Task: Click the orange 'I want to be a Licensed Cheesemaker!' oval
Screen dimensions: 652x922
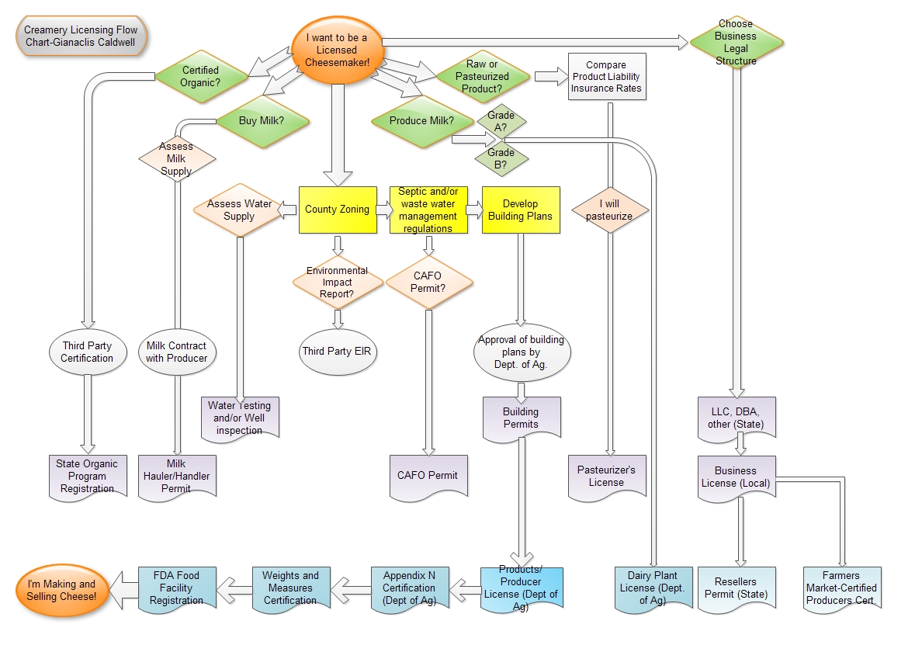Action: pyautogui.click(x=336, y=50)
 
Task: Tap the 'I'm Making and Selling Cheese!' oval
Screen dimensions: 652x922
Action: pyautogui.click(x=61, y=590)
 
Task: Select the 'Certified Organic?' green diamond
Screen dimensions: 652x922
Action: pyautogui.click(x=200, y=76)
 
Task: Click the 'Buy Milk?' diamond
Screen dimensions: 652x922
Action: pyautogui.click(x=261, y=121)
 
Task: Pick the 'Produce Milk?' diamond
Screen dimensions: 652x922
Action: pyautogui.click(x=421, y=121)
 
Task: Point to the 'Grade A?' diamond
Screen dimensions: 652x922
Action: pyautogui.click(x=501, y=121)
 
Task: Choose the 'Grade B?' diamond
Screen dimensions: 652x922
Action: pyautogui.click(x=501, y=158)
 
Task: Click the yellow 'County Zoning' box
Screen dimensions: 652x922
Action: pyautogui.click(x=337, y=210)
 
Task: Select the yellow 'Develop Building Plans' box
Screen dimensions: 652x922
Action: pyautogui.click(x=521, y=210)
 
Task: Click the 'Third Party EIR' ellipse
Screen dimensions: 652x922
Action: pyautogui.click(x=337, y=352)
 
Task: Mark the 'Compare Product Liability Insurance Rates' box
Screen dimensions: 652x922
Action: pyautogui.click(x=606, y=76)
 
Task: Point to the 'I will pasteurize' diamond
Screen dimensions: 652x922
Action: pyautogui.click(x=610, y=210)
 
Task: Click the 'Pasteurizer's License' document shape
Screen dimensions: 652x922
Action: pyautogui.click(x=606, y=475)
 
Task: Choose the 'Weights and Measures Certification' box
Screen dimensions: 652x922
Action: pyautogui.click(x=290, y=588)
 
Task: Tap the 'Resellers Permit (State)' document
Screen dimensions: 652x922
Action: pyautogui.click(x=736, y=588)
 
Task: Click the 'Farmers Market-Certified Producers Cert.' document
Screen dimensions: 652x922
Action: pyautogui.click(x=841, y=588)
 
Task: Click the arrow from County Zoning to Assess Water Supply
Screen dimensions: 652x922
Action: pyautogui.click(x=288, y=209)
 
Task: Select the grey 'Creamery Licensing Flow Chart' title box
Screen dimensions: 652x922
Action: pyautogui.click(x=81, y=36)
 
